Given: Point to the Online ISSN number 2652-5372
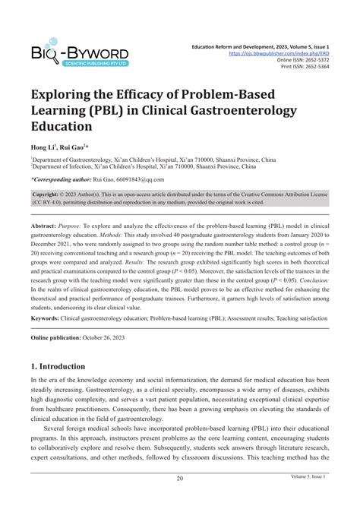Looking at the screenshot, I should click(314, 62).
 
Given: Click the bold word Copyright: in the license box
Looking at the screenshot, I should click(49, 194).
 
